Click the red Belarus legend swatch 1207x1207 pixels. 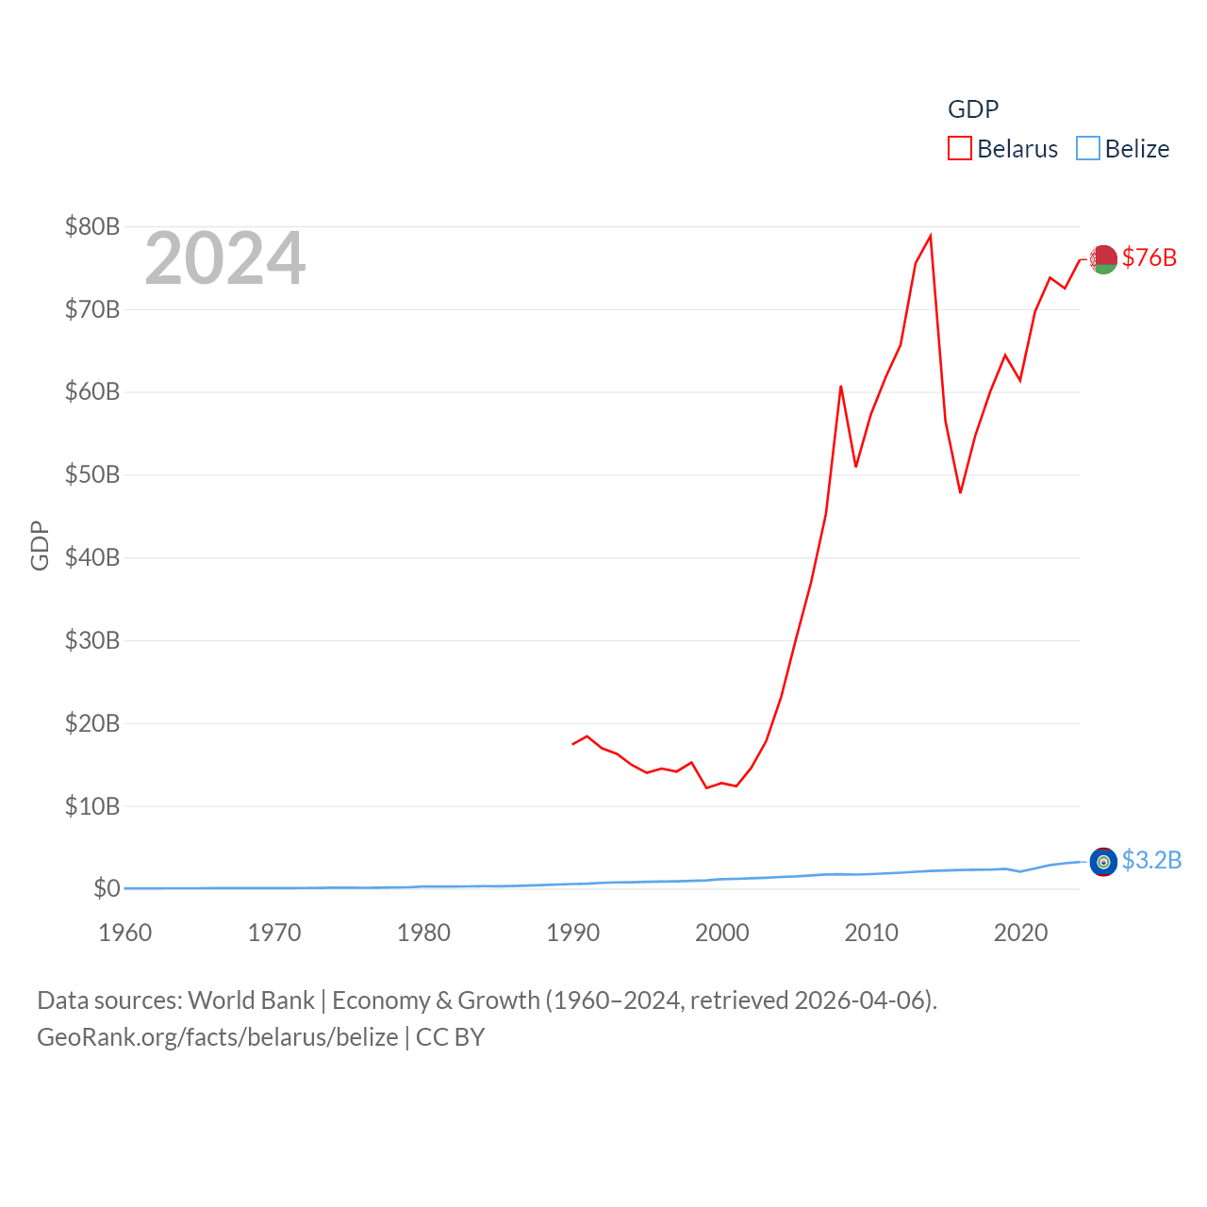click(959, 149)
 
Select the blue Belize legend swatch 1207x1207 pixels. click(1088, 149)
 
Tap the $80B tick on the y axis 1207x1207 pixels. click(92, 226)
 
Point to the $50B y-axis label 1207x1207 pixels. click(92, 474)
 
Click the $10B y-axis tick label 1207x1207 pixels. click(92, 806)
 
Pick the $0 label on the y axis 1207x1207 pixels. click(107, 888)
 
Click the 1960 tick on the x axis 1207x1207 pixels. click(125, 933)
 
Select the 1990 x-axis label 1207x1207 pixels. click(572, 933)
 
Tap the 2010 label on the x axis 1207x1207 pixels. click(871, 933)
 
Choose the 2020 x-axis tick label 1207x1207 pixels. click(1020, 933)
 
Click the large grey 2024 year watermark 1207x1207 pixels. click(224, 258)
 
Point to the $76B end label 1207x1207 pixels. click(1149, 257)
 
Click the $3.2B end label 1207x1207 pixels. click(1151, 860)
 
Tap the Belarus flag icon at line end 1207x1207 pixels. click(1103, 258)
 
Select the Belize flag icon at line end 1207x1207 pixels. click(1103, 861)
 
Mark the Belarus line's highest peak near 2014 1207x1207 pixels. click(931, 236)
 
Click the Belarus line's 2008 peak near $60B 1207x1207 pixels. click(841, 386)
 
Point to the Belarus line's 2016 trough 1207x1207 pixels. click(960, 492)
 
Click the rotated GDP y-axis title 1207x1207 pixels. click(40, 545)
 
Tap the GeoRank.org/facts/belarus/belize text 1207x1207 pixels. click(218, 1037)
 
